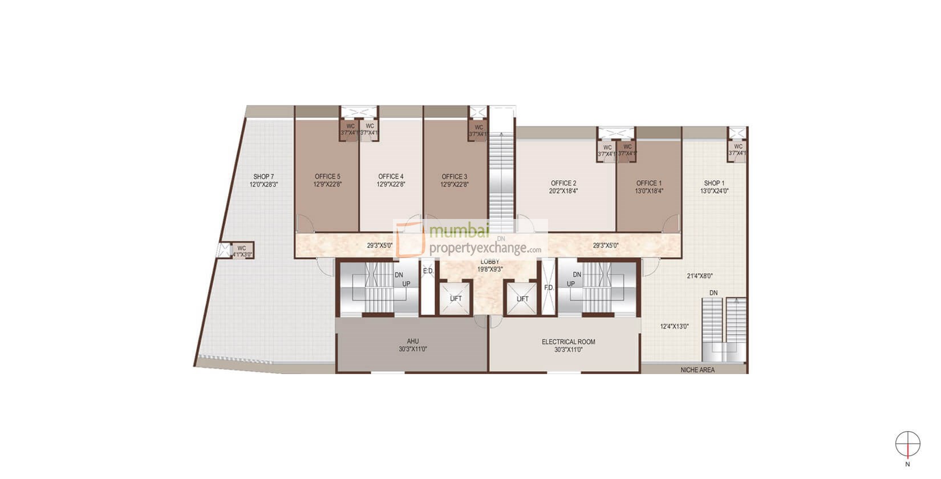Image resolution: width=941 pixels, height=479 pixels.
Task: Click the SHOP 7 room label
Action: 264,177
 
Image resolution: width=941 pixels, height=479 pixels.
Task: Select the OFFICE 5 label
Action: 327,177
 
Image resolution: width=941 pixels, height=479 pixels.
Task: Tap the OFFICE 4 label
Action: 391,177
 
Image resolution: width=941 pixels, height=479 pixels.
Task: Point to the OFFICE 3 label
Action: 455,177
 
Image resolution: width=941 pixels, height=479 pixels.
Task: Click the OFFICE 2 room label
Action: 563,184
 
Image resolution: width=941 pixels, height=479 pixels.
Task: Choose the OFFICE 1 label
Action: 650,184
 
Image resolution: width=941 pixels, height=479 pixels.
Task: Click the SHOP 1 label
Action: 714,184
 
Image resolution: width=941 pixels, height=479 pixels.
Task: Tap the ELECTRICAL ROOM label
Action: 568,342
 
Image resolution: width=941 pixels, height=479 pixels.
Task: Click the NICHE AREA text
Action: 697,370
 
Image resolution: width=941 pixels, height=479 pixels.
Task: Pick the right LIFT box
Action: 522,299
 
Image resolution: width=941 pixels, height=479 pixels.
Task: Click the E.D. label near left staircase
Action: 428,271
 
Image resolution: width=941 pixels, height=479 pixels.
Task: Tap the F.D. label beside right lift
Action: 549,288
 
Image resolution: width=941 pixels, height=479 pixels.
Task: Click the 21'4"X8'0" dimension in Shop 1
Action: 700,276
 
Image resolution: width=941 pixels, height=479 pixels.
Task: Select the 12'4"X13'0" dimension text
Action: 675,327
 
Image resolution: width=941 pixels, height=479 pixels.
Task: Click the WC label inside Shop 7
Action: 241,248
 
